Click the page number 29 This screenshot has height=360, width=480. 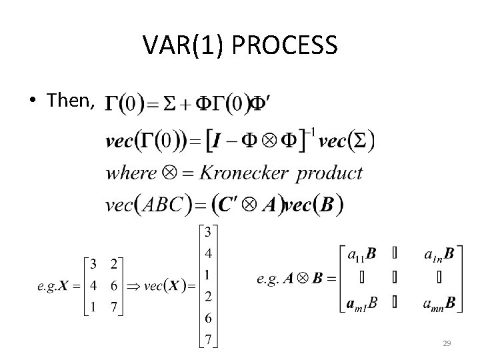coord(447,343)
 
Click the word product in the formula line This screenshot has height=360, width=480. coord(329,174)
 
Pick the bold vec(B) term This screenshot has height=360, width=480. coord(315,205)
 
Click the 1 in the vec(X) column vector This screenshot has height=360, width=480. coord(209,274)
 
